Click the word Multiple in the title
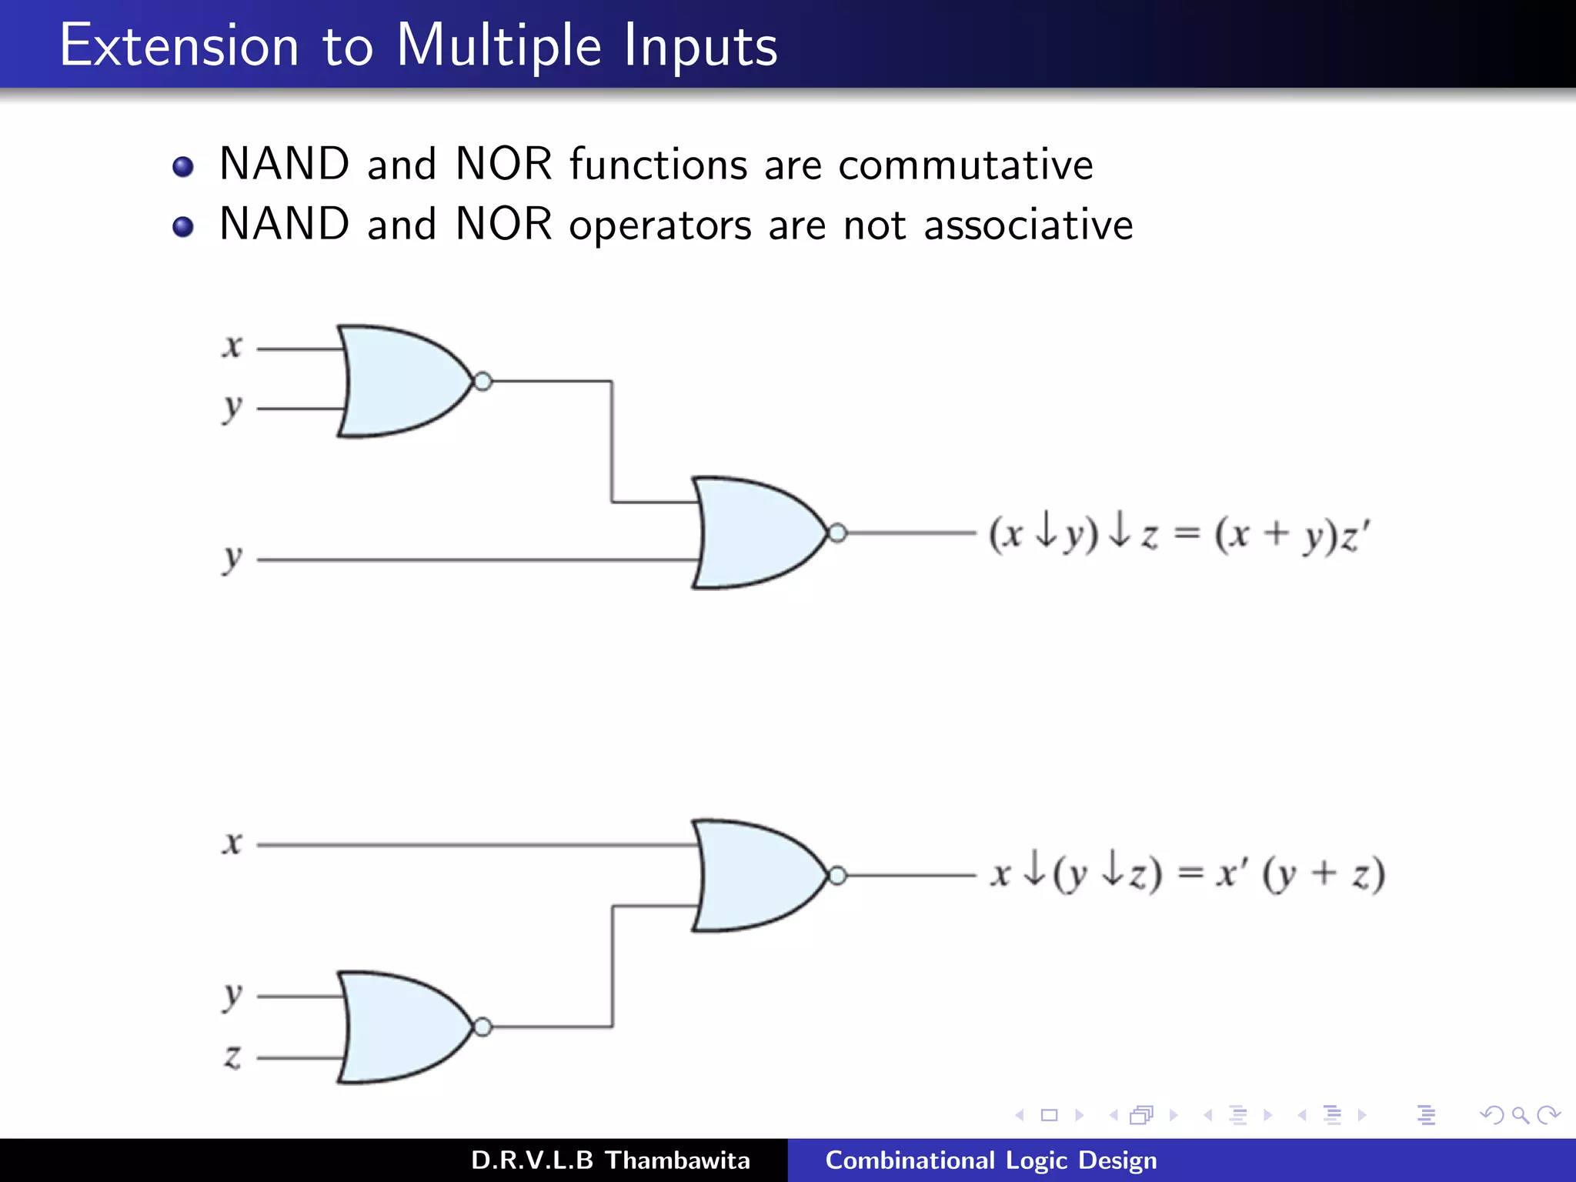tap(498, 46)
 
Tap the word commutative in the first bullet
tap(965, 165)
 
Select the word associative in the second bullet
tap(1028, 225)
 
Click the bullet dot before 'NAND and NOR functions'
tap(183, 166)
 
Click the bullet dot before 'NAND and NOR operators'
tap(183, 226)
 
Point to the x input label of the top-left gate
tap(232, 346)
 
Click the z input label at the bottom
tap(232, 1057)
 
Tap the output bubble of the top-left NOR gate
tap(482, 381)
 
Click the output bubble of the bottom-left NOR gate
tap(482, 1027)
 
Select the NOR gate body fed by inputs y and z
tap(400, 1027)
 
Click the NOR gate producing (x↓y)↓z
tap(754, 533)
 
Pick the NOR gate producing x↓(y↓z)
tap(754, 875)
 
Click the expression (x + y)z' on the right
tap(1293, 534)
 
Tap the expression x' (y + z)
tap(1301, 875)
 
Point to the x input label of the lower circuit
tap(232, 843)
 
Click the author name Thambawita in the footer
tap(677, 1160)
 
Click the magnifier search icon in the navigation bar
tap(1520, 1115)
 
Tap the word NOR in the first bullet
tap(503, 165)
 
